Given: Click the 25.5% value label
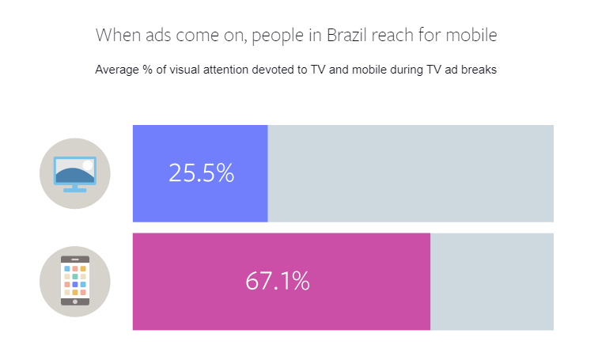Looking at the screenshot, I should [201, 173].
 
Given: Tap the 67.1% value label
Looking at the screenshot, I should [277, 281].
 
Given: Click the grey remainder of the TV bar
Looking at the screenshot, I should [411, 173].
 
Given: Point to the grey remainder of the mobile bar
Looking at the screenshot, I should [492, 281].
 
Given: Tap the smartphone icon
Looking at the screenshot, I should [75, 281].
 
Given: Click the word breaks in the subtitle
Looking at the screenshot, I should [479, 70].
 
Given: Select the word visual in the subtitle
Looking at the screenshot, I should [190, 70].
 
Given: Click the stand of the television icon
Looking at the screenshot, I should [74, 189].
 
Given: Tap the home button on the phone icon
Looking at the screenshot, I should [75, 301].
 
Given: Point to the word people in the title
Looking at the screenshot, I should [275, 36].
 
